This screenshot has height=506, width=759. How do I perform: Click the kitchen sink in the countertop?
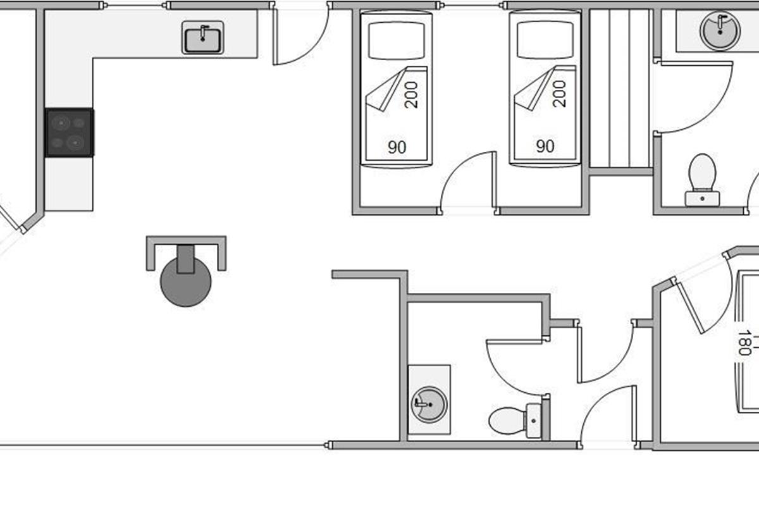203,37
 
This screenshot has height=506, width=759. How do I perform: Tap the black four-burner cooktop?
70,132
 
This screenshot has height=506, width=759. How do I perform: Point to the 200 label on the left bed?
411,94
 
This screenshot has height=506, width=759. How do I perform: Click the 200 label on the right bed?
559,94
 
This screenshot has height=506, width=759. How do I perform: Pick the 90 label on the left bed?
397,147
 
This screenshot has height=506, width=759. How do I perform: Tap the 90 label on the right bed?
545,147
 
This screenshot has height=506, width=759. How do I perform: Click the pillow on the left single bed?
396,40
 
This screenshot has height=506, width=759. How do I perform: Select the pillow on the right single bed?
545,40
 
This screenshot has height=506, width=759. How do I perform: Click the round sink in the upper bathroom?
720,28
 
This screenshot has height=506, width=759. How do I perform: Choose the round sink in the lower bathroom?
428,403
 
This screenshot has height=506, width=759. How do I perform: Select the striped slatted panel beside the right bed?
620,89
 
